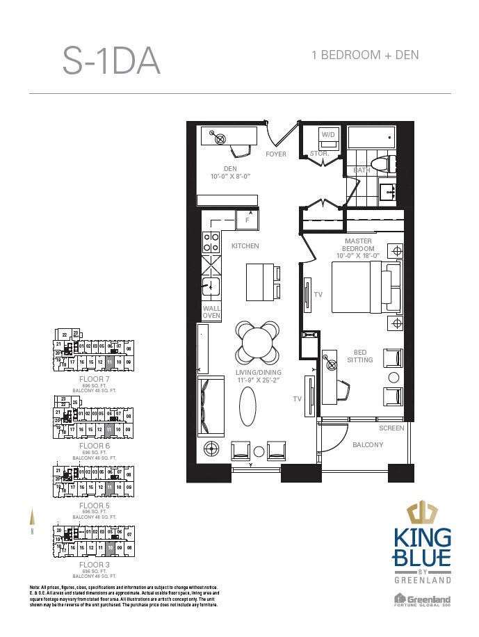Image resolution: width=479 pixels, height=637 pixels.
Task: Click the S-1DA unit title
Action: (x=111, y=61)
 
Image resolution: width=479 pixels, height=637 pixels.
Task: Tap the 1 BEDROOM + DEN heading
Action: (x=365, y=55)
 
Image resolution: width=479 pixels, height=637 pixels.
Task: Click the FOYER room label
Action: (x=276, y=154)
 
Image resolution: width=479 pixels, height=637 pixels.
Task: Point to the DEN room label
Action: (x=230, y=168)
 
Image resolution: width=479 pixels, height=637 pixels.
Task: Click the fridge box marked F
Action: (x=247, y=220)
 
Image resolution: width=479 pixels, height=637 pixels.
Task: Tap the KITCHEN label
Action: (x=245, y=246)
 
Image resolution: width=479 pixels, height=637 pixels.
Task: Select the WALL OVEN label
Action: (x=211, y=312)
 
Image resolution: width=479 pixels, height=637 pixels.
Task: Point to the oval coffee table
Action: (x=247, y=406)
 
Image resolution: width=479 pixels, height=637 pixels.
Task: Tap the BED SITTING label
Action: (x=360, y=355)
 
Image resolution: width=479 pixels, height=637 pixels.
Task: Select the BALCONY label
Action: (x=367, y=445)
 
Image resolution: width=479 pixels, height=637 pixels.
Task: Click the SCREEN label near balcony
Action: (x=391, y=428)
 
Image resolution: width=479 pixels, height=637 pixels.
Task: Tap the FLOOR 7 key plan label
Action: (x=94, y=379)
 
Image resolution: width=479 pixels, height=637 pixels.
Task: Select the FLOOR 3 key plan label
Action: (x=94, y=565)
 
